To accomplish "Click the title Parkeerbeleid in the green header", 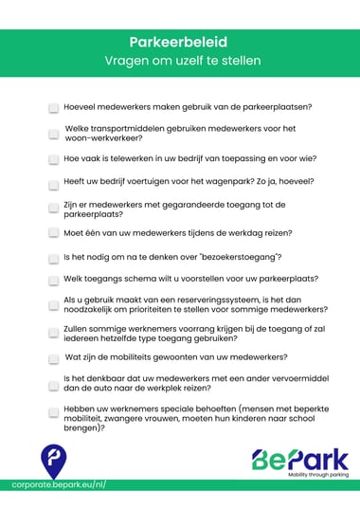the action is [179, 42].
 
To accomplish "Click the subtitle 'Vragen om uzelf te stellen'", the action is [179, 61].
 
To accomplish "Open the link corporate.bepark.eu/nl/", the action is [59, 485].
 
